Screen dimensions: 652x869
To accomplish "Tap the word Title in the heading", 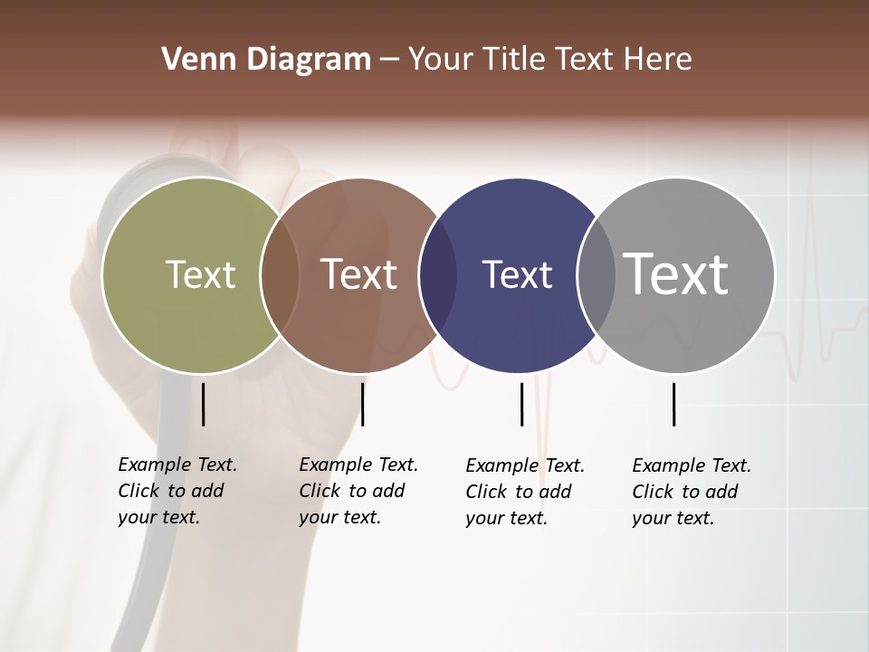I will click(x=514, y=60).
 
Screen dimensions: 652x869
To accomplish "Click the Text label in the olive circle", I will click(x=200, y=274).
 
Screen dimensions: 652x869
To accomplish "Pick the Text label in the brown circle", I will click(x=359, y=274).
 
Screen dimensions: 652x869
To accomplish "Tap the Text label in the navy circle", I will click(x=517, y=274).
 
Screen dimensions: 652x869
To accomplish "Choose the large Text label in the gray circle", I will click(x=676, y=273).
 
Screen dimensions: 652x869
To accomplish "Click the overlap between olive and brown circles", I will click(x=280, y=275).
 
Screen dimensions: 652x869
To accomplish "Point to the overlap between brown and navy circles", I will click(x=438, y=275).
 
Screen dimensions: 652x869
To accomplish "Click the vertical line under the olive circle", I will click(x=203, y=404).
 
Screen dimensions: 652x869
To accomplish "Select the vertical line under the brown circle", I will click(x=362, y=404).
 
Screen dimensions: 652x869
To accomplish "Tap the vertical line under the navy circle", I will click(x=521, y=404).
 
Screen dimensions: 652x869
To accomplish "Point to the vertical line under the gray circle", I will click(x=673, y=404).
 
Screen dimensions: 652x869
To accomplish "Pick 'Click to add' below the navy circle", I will click(x=519, y=492).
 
